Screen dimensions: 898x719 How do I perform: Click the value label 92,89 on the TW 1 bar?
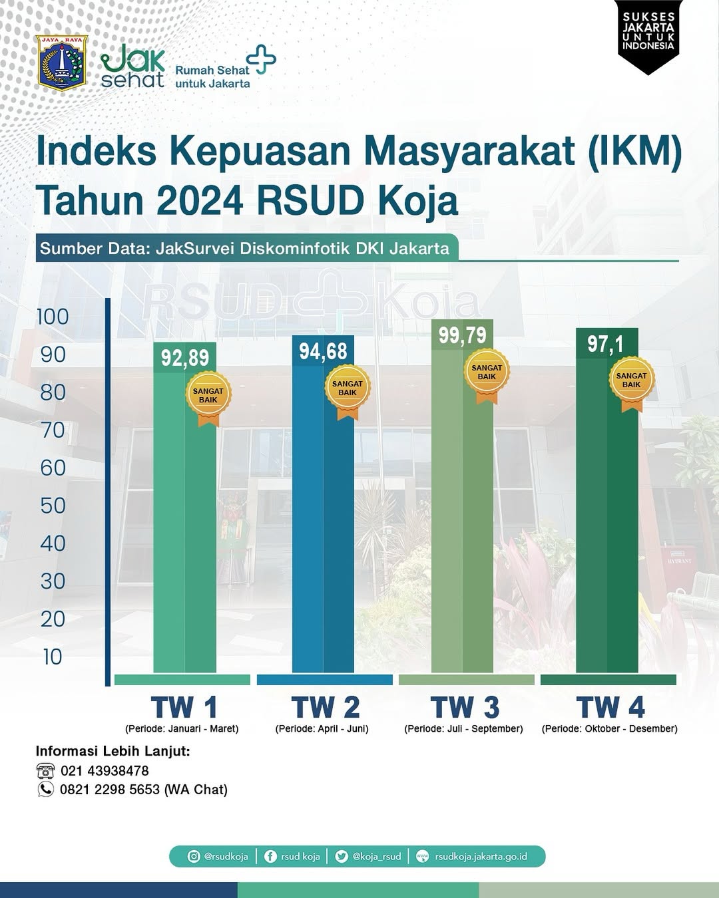(x=185, y=358)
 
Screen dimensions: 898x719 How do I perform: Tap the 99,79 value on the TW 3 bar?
(x=462, y=335)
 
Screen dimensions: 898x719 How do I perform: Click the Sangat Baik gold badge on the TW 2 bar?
(x=348, y=389)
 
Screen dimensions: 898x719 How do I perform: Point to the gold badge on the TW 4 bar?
(x=632, y=381)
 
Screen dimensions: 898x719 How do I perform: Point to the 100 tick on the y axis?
(x=53, y=317)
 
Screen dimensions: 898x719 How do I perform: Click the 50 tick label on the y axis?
(x=53, y=506)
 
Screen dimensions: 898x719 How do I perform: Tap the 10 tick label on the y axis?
(x=53, y=657)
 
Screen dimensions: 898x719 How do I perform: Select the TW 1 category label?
(x=184, y=707)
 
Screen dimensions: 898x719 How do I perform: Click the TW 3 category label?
(x=464, y=707)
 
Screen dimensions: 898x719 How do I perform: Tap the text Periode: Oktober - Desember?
(x=609, y=729)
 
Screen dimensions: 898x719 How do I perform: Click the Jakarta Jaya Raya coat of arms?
(x=62, y=63)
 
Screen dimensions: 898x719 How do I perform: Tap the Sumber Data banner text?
(x=244, y=249)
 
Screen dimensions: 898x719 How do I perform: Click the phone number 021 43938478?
(x=105, y=771)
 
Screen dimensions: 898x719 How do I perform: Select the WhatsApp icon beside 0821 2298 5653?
(x=45, y=790)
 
